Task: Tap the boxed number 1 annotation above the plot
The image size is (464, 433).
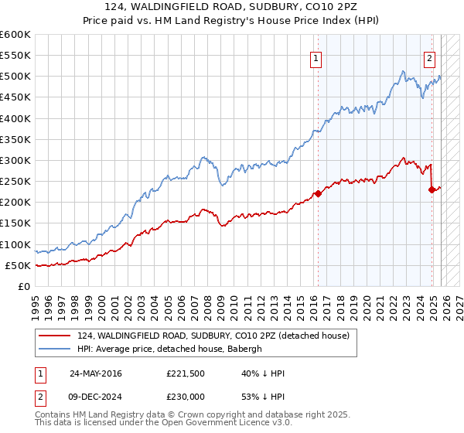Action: (x=317, y=56)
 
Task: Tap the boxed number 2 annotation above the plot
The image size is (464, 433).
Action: (x=429, y=56)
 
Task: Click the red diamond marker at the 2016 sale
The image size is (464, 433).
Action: (x=318, y=193)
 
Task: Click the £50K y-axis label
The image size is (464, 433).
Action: (x=18, y=265)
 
